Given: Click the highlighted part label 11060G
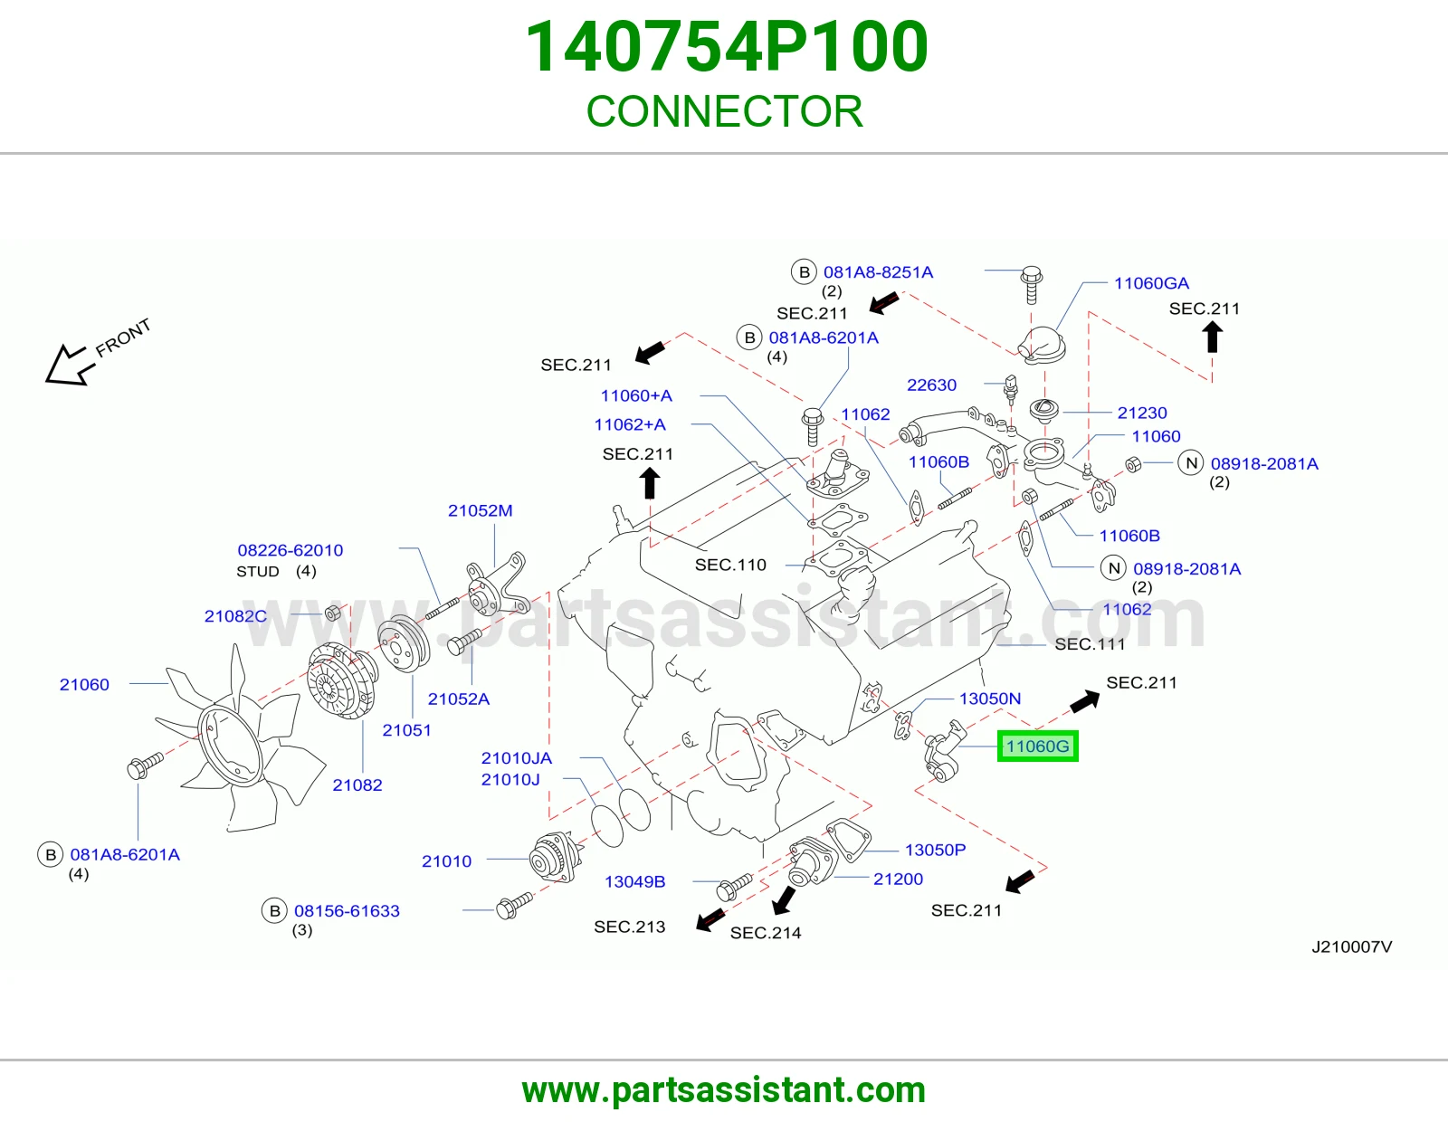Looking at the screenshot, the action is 1037,746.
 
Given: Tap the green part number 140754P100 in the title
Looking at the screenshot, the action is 727,46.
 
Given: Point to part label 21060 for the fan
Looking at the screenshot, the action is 84,684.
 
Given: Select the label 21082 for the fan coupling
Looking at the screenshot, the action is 357,784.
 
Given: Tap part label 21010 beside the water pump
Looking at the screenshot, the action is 446,861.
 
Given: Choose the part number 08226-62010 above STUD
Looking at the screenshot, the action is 290,549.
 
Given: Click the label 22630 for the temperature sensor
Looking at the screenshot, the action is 931,385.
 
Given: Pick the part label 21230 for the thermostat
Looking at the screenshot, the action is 1142,413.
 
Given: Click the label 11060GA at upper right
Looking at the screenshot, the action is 1151,283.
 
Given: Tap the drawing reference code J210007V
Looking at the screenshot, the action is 1351,946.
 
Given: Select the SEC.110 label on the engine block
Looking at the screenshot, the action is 730,565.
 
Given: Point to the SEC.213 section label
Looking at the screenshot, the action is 630,927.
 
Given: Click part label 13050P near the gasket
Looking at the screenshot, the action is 935,850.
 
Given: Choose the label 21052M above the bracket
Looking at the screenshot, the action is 480,510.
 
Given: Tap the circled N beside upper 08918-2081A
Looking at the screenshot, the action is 1190,463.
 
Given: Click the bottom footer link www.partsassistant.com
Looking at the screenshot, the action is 724,1090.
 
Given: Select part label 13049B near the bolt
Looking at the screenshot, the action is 634,881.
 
